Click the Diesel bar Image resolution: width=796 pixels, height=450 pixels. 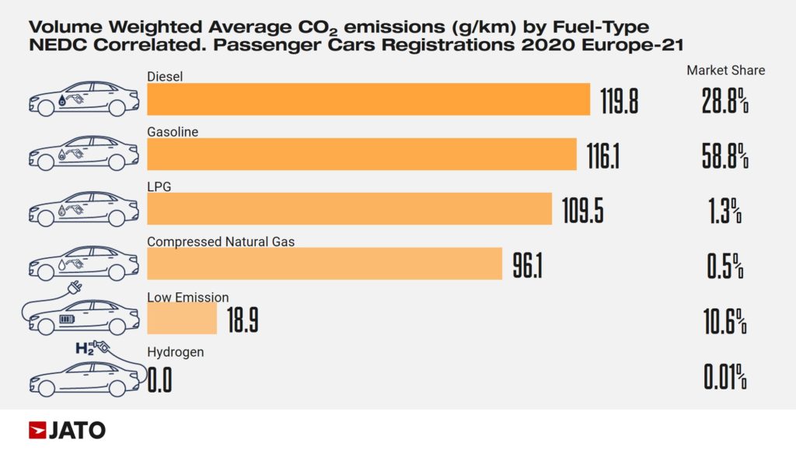coord(368,99)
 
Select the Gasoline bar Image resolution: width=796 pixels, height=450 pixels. coord(361,154)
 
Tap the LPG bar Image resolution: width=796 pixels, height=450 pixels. coord(349,209)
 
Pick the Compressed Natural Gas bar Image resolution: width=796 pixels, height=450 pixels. coord(324,263)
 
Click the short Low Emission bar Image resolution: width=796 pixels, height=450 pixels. coord(182,319)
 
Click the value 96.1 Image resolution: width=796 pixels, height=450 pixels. coord(527,265)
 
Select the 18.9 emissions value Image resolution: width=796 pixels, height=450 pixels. coord(242,320)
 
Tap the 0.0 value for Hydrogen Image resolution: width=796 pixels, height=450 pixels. coord(159,380)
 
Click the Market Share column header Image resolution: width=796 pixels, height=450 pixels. coord(725,71)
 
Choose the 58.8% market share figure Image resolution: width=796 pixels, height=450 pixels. coord(724,156)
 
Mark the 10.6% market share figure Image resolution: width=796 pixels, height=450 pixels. coord(724,320)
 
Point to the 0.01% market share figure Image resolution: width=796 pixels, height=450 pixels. coord(724,378)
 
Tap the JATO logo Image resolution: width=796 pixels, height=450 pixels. coord(67,430)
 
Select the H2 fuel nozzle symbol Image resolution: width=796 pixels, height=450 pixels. coord(92,347)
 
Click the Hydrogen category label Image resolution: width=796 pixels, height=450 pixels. coord(176,352)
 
